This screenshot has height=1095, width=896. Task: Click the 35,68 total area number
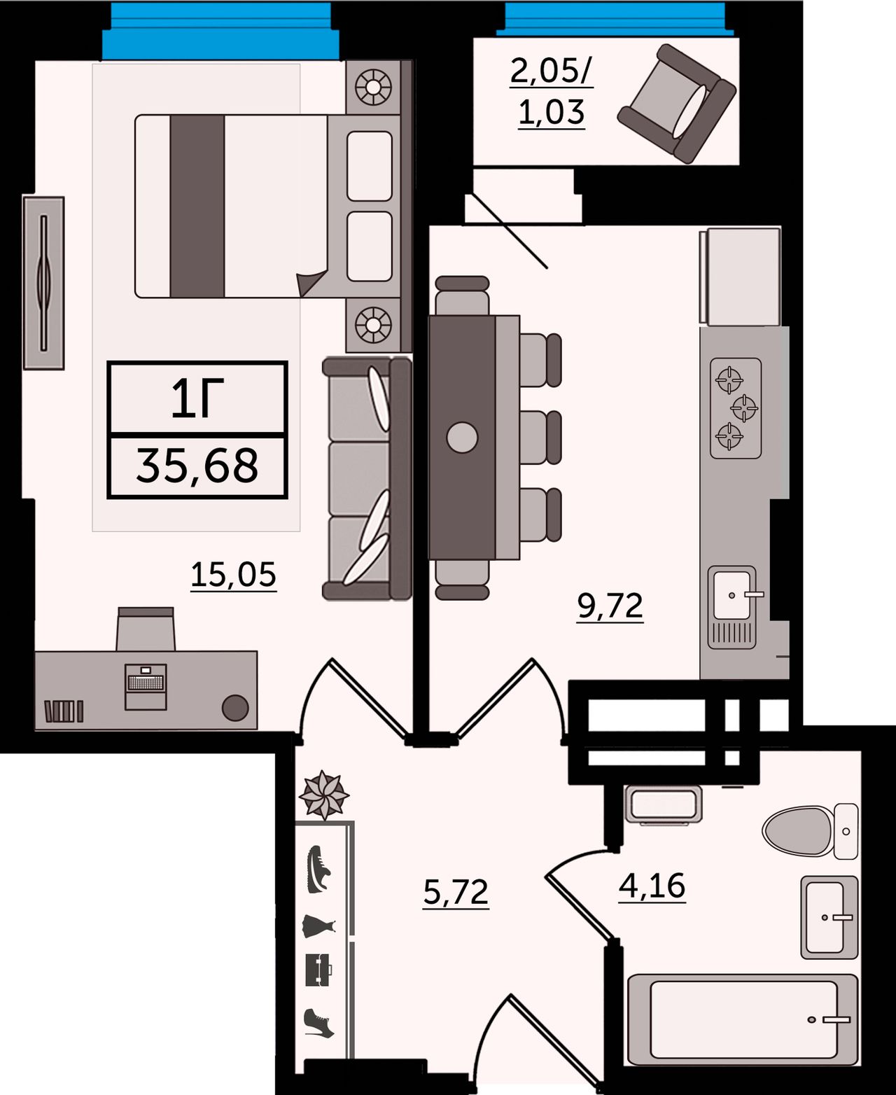tap(197, 466)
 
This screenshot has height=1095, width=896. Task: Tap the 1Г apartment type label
tap(198, 398)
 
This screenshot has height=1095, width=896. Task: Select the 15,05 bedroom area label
tap(234, 576)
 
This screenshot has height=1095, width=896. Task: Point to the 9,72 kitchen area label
tap(610, 606)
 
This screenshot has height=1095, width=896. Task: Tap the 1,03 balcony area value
tap(552, 111)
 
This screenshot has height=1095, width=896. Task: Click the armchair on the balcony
tap(676, 104)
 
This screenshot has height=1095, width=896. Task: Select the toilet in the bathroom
tap(810, 831)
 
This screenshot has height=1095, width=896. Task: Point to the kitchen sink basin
tap(731, 595)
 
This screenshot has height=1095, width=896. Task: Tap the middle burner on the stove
tap(745, 407)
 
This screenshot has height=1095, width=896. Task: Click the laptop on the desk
tap(146, 686)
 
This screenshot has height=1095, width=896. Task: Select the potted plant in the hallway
tap(324, 795)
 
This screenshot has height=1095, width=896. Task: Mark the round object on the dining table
tap(462, 437)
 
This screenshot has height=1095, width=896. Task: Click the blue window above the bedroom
tap(220, 30)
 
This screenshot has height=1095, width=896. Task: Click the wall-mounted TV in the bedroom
tap(43, 283)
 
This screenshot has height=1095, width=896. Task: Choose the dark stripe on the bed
tap(197, 206)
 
